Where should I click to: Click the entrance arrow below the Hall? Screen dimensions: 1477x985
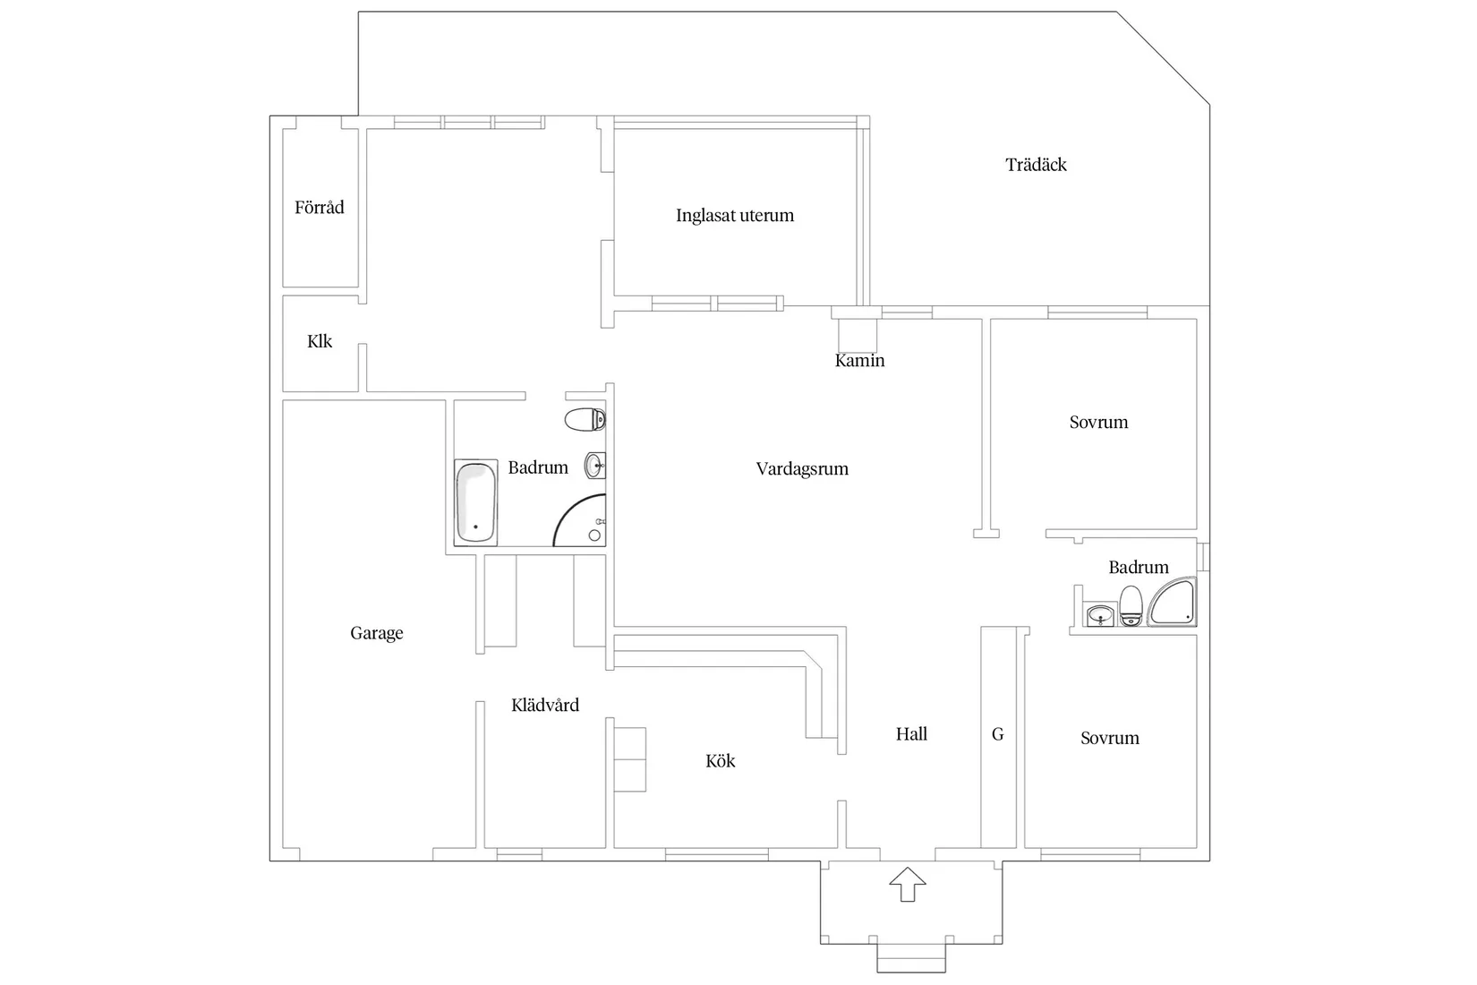tap(908, 884)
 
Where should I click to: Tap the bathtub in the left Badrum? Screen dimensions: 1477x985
tap(475, 502)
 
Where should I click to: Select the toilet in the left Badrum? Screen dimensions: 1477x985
tap(585, 420)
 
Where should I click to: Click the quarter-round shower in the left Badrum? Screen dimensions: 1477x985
tap(579, 520)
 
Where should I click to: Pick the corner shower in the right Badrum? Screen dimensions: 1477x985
tap(1172, 601)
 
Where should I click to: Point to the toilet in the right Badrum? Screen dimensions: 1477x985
tap(1131, 605)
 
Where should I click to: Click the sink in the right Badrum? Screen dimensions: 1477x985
tap(1100, 616)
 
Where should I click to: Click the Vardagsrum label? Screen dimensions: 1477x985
tap(802, 469)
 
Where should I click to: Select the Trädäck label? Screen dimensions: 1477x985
tap(1036, 164)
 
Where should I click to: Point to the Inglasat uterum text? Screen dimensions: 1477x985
tap(735, 216)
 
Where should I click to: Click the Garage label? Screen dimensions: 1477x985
tap(377, 633)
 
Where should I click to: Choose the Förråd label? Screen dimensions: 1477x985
tap(320, 207)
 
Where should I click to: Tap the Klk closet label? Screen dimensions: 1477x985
tap(320, 341)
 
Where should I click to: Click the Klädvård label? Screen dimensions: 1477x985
tap(545, 706)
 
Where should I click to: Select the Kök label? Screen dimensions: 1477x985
tap(720, 761)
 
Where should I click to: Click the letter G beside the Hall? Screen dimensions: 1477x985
tap(997, 734)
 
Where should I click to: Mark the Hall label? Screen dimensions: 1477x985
tap(911, 734)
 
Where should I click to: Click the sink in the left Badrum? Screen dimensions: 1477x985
tap(594, 466)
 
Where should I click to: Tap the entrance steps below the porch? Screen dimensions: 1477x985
tap(911, 958)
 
